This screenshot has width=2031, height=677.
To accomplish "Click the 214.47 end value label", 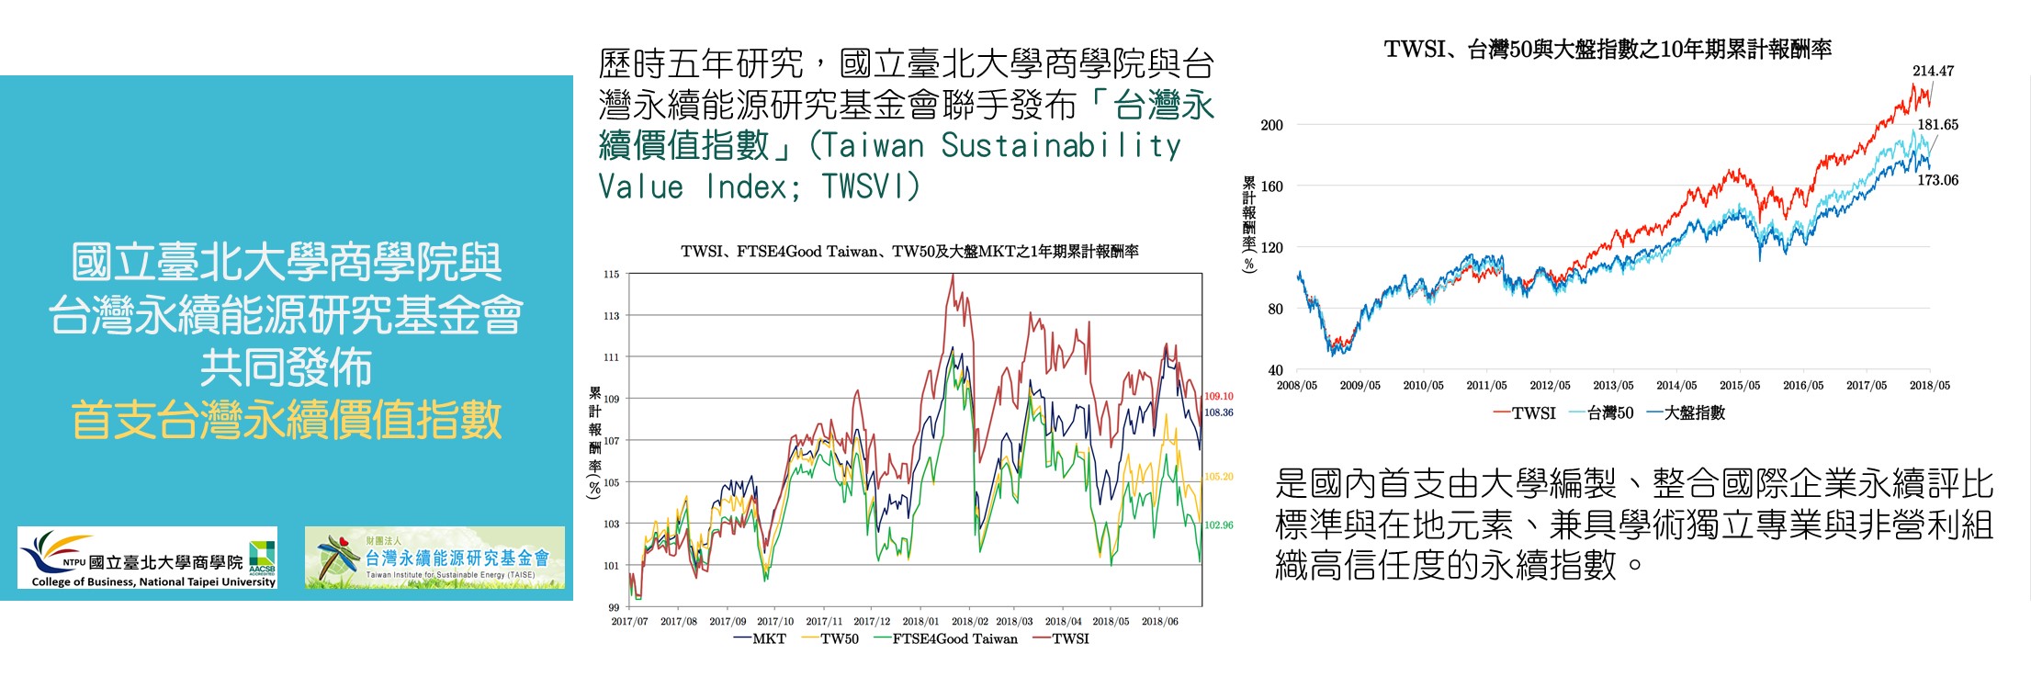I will pyautogui.click(x=1933, y=71).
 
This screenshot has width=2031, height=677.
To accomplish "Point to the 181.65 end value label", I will pyautogui.click(x=1937, y=125).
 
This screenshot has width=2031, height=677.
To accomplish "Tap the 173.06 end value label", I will pyautogui.click(x=1937, y=180).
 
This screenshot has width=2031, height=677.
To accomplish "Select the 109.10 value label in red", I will pyautogui.click(x=1218, y=397).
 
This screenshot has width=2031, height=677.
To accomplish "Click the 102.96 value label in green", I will pyautogui.click(x=1218, y=525).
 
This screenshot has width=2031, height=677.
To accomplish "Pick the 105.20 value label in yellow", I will pyautogui.click(x=1218, y=477).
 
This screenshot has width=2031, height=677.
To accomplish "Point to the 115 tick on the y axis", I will pyautogui.click(x=612, y=274).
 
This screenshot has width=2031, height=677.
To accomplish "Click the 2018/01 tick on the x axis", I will pyautogui.click(x=920, y=622).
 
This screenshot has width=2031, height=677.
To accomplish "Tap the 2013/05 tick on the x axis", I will pyautogui.click(x=1613, y=386).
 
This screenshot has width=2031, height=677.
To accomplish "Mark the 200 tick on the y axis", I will pyautogui.click(x=1271, y=125).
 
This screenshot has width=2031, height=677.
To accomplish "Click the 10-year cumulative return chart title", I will pyautogui.click(x=1608, y=50).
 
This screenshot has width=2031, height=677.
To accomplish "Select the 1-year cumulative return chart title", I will pyautogui.click(x=909, y=252).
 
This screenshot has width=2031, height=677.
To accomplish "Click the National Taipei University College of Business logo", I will pyautogui.click(x=147, y=558).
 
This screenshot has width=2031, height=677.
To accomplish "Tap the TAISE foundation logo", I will pyautogui.click(x=434, y=558).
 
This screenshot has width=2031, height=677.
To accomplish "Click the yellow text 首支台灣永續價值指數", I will pyautogui.click(x=287, y=420).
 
